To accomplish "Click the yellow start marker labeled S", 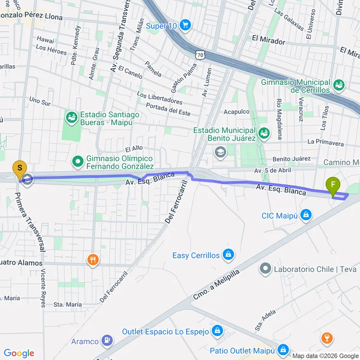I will [x=20, y=169].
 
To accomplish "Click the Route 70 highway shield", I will [x=200, y=55].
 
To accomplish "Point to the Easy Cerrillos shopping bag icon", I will [x=228, y=254].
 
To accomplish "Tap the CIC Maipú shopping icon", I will [x=305, y=216].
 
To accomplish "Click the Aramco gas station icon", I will [x=107, y=341].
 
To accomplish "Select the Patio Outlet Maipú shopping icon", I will [x=283, y=349].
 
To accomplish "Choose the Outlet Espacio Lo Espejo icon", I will [x=217, y=331].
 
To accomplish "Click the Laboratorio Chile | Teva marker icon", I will [x=265, y=268].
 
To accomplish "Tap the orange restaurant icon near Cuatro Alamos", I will [x=93, y=261].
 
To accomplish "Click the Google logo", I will [x=19, y=353].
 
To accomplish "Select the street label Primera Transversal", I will [x=30, y=222].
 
